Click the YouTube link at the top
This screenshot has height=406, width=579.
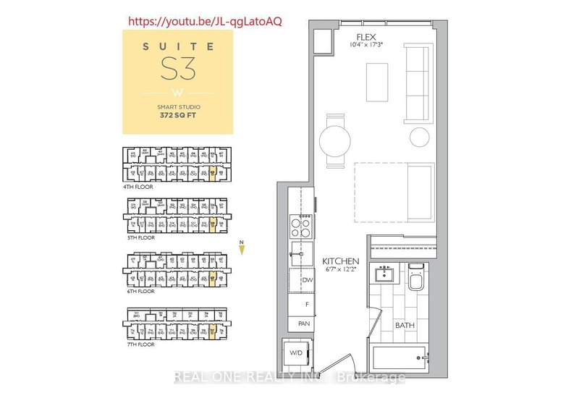205,21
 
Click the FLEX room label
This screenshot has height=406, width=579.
363,36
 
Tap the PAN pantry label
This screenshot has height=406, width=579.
304,324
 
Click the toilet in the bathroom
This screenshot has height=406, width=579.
416,279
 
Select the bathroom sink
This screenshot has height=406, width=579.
384,275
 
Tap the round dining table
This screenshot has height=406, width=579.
335,137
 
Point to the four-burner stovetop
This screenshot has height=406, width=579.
301,228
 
